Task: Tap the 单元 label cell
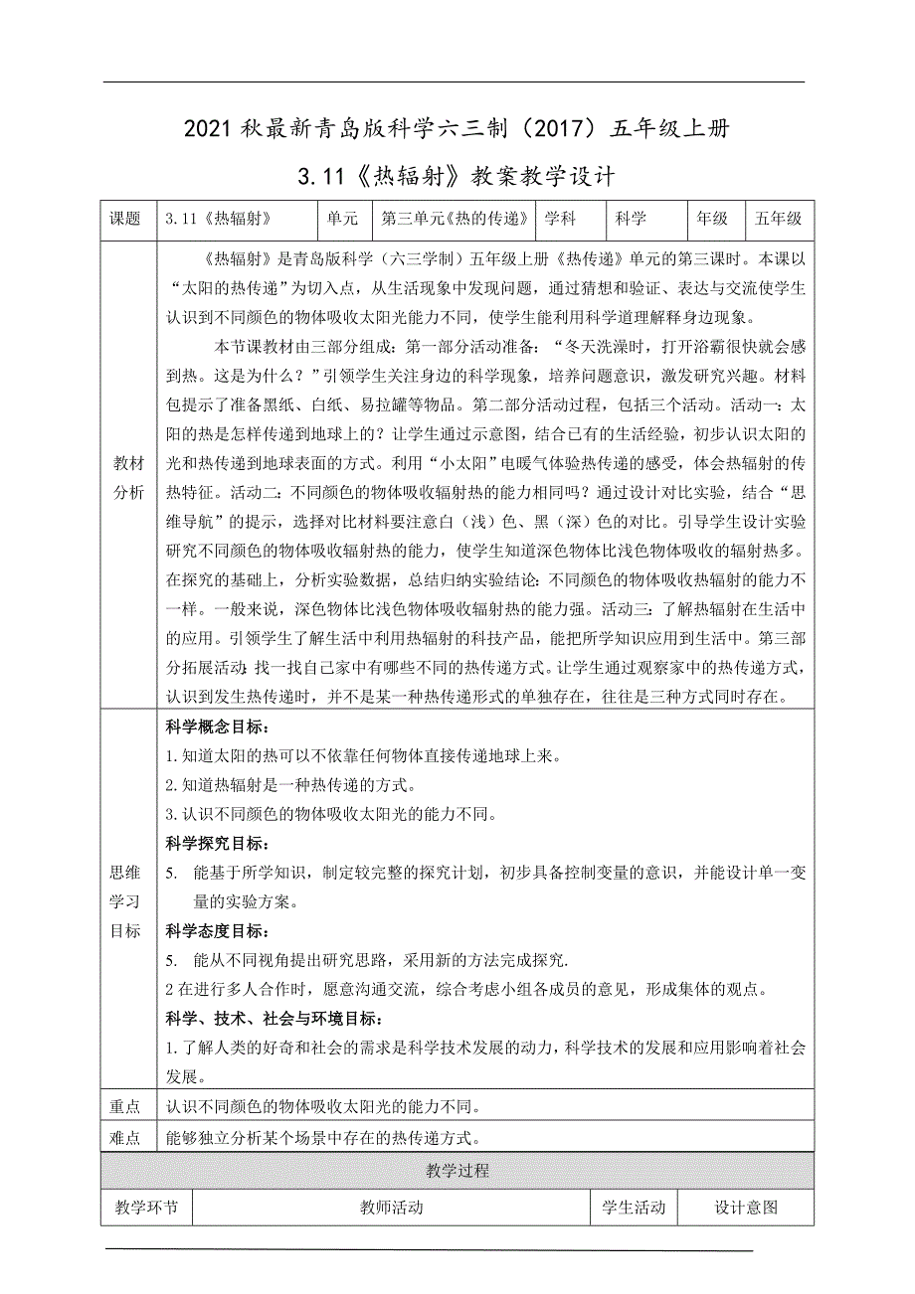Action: [x=341, y=219]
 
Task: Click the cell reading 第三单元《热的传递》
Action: [x=454, y=219]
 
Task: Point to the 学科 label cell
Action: [x=559, y=219]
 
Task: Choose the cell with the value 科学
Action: [x=631, y=219]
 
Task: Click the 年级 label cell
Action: [x=711, y=219]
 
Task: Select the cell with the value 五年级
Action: [x=779, y=219]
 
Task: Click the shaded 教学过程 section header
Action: [x=457, y=1171]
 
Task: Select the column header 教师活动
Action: [x=391, y=1208]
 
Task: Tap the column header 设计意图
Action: [x=746, y=1208]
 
